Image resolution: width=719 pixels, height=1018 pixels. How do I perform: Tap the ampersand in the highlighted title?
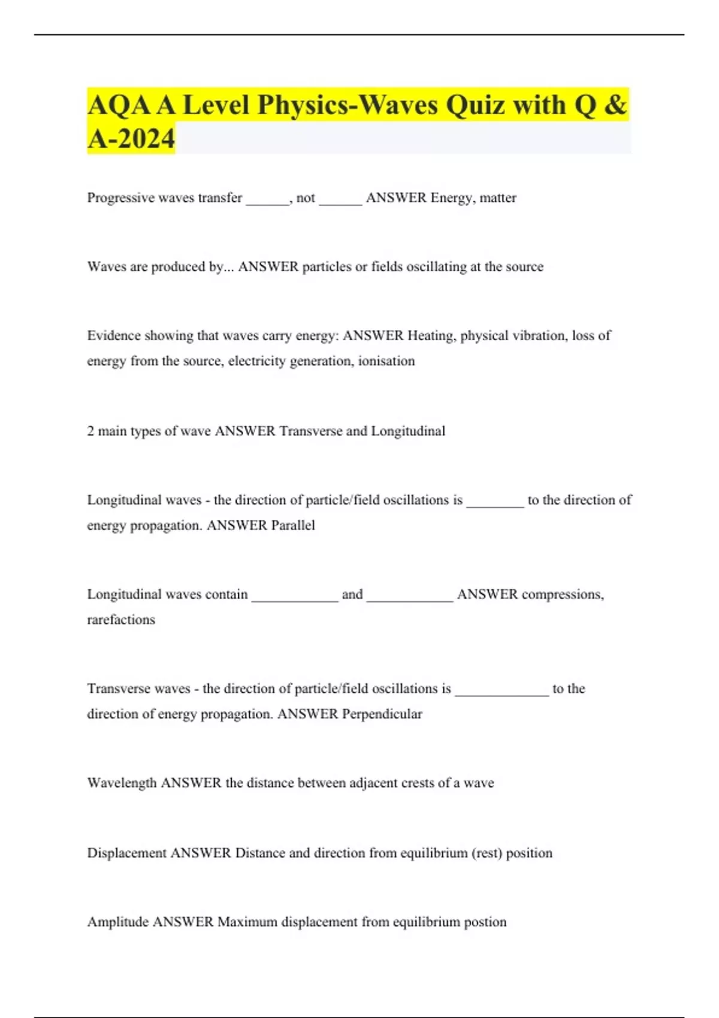[x=615, y=105]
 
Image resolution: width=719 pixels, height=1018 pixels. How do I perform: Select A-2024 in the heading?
[x=131, y=138]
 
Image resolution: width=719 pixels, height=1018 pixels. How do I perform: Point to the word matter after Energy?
[x=497, y=198]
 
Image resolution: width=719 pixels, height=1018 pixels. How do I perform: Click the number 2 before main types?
[x=90, y=431]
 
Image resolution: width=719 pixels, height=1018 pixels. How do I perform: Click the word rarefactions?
[x=121, y=620]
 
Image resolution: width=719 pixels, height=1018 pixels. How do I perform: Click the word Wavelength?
[x=122, y=783]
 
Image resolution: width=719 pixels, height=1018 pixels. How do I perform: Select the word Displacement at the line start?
[x=126, y=853]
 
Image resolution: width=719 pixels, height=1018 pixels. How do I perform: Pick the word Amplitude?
[x=118, y=922]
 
